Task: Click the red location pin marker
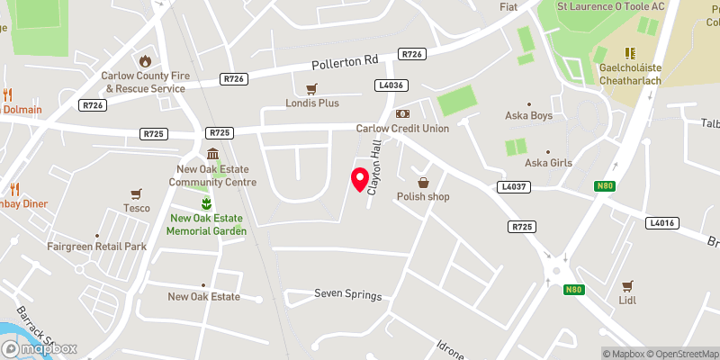pos(360,178)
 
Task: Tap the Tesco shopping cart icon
pos(136,193)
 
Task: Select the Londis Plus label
pos(313,103)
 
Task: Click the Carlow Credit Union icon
pos(402,113)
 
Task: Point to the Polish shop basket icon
pos(420,182)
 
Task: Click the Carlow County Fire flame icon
pos(144,60)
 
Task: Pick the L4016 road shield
pos(661,222)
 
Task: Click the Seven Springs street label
pos(347,295)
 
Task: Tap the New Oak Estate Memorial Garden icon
pos(206,202)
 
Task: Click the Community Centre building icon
pos(211,154)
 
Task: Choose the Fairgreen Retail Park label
pos(97,247)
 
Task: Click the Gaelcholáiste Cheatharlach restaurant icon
pos(630,53)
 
